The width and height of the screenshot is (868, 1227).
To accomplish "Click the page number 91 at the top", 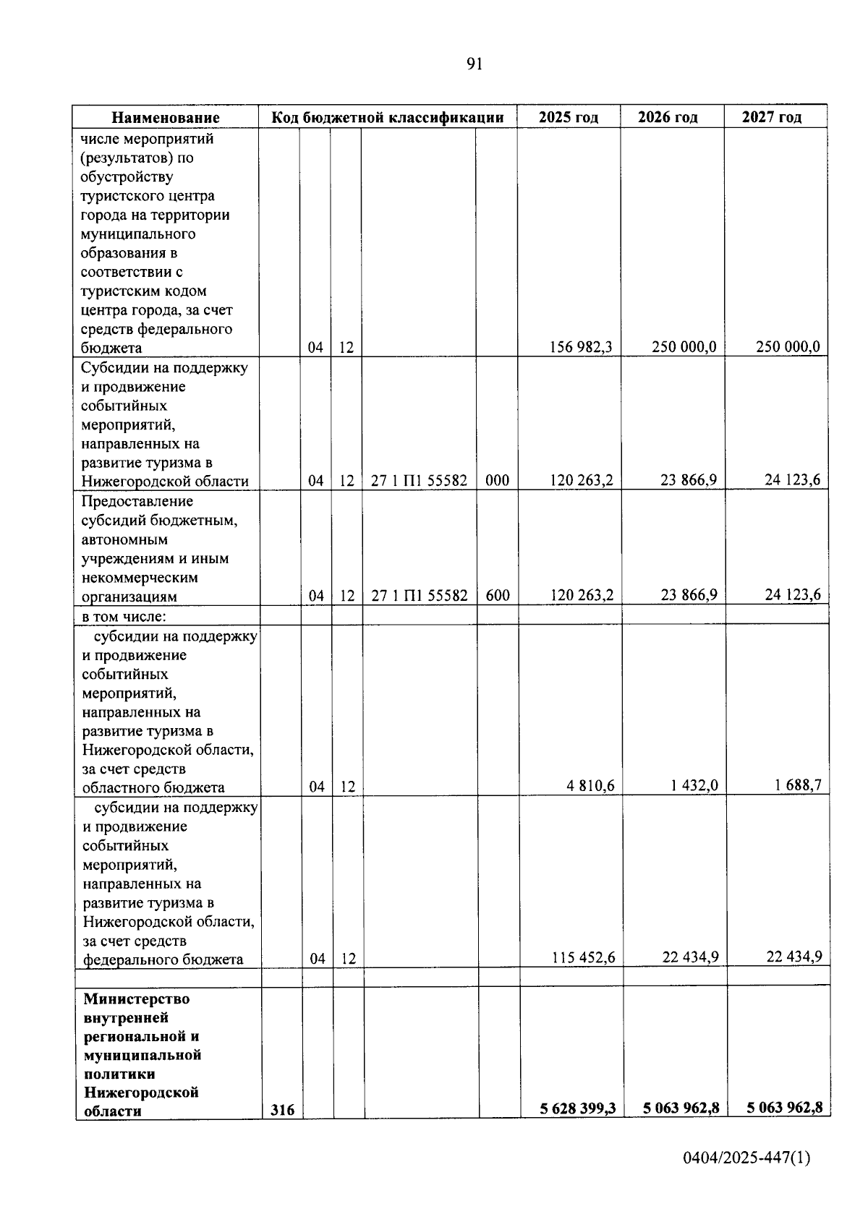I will click(x=474, y=64).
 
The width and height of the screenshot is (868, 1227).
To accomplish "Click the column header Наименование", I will click(x=166, y=118).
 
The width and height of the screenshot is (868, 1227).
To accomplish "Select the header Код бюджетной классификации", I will click(x=387, y=118).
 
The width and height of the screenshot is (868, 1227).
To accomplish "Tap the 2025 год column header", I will click(x=568, y=118).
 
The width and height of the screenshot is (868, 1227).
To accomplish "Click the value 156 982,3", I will click(x=581, y=347).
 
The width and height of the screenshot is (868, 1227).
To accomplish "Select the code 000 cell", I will click(x=497, y=480).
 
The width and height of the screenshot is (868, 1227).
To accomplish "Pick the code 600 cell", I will click(x=497, y=596).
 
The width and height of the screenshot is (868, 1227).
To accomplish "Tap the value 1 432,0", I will click(x=694, y=786).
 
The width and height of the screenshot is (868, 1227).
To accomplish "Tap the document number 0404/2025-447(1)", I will click(x=746, y=1158).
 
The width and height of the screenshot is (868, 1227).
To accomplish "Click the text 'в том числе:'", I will click(x=124, y=617).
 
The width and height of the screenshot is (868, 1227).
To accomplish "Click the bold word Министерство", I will click(x=136, y=999).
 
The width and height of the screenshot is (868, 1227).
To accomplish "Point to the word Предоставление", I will click(x=137, y=502).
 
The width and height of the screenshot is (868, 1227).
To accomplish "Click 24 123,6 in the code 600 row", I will click(x=793, y=595).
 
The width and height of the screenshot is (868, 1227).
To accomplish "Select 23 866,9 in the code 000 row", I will click(x=688, y=480).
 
